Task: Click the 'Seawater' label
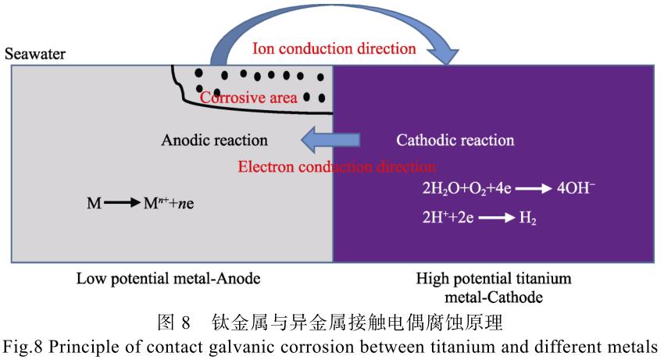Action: coord(35,55)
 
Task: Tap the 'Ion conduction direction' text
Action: coord(334,48)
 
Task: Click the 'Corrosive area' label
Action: coord(248,98)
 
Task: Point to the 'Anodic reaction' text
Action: coord(214,141)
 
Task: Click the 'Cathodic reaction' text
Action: coord(455,141)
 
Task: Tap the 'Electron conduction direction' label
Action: coord(337,166)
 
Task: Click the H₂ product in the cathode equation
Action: coord(526,219)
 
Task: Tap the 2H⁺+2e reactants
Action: coord(447,219)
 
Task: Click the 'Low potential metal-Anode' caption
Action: coord(168,279)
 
